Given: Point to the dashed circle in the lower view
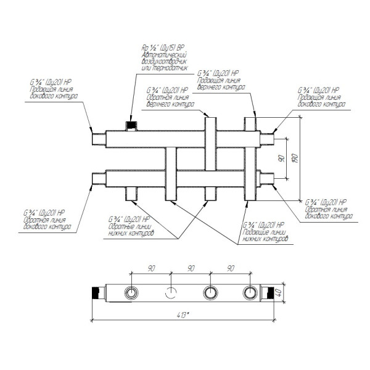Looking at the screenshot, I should point(171,292).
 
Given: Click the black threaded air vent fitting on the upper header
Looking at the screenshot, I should point(130,127).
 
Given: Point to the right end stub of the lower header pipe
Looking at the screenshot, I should point(268,179).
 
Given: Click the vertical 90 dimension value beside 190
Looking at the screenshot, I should point(281,158).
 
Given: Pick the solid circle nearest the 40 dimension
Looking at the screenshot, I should point(249,292).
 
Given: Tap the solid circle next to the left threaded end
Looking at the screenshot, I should point(131,292).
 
